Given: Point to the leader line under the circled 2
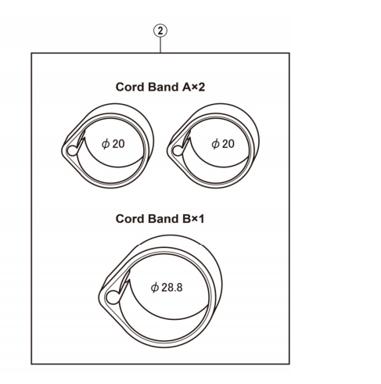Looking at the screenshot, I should (160, 46).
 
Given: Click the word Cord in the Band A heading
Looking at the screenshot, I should (131, 86).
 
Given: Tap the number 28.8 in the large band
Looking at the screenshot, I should (171, 287).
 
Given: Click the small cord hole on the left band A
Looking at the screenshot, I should (73, 150).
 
